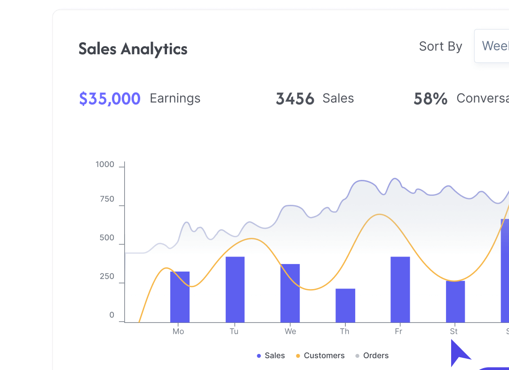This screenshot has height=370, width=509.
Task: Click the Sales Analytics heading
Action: click(x=133, y=49)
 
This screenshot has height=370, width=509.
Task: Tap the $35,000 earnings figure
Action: click(x=110, y=99)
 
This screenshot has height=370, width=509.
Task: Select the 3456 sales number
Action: click(x=295, y=99)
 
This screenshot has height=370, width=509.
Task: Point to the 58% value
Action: click(x=430, y=99)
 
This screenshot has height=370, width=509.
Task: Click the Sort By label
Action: click(x=440, y=47)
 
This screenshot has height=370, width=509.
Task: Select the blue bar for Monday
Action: click(x=180, y=297)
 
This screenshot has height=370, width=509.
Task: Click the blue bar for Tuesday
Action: click(x=235, y=289)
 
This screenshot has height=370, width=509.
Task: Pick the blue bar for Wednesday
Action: click(x=290, y=293)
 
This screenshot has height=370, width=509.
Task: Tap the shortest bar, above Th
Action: click(x=345, y=305)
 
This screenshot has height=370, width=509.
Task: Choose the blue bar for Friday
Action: click(x=400, y=289)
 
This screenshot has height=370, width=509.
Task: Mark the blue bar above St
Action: click(x=455, y=301)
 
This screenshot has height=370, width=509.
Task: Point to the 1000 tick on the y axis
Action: click(x=105, y=165)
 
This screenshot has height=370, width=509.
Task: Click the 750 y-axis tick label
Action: click(x=107, y=199)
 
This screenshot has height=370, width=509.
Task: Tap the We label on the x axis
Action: click(x=290, y=331)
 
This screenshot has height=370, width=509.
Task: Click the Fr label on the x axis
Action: click(x=398, y=331)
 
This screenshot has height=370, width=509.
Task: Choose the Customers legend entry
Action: click(x=324, y=356)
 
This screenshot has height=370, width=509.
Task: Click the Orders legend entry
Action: click(x=375, y=356)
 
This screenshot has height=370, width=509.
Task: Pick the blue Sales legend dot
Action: click(x=259, y=356)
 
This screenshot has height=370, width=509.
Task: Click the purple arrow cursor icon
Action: click(x=459, y=353)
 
